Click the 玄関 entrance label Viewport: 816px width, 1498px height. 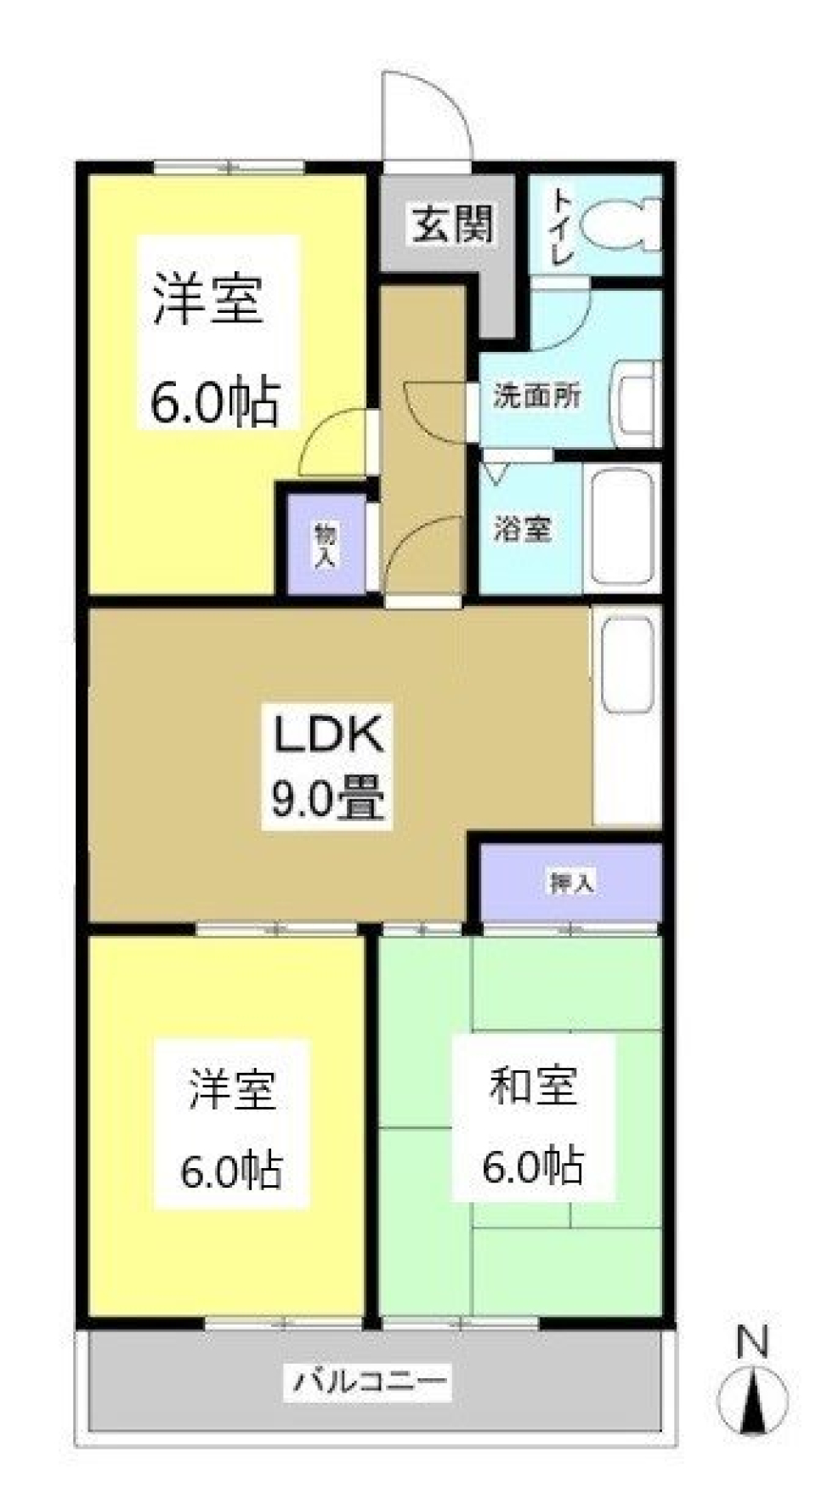452,226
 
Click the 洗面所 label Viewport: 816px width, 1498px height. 537,395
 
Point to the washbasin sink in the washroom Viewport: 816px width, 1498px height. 637,404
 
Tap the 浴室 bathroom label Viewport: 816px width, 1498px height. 523,529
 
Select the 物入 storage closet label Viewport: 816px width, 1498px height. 326,545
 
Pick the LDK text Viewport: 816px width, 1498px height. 328,736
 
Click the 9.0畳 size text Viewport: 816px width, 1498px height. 328,798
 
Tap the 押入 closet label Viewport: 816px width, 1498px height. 571,882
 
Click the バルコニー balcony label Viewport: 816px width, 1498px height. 370,1382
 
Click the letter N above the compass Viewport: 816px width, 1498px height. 752,1343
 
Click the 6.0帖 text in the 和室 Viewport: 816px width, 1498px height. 533,1165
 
